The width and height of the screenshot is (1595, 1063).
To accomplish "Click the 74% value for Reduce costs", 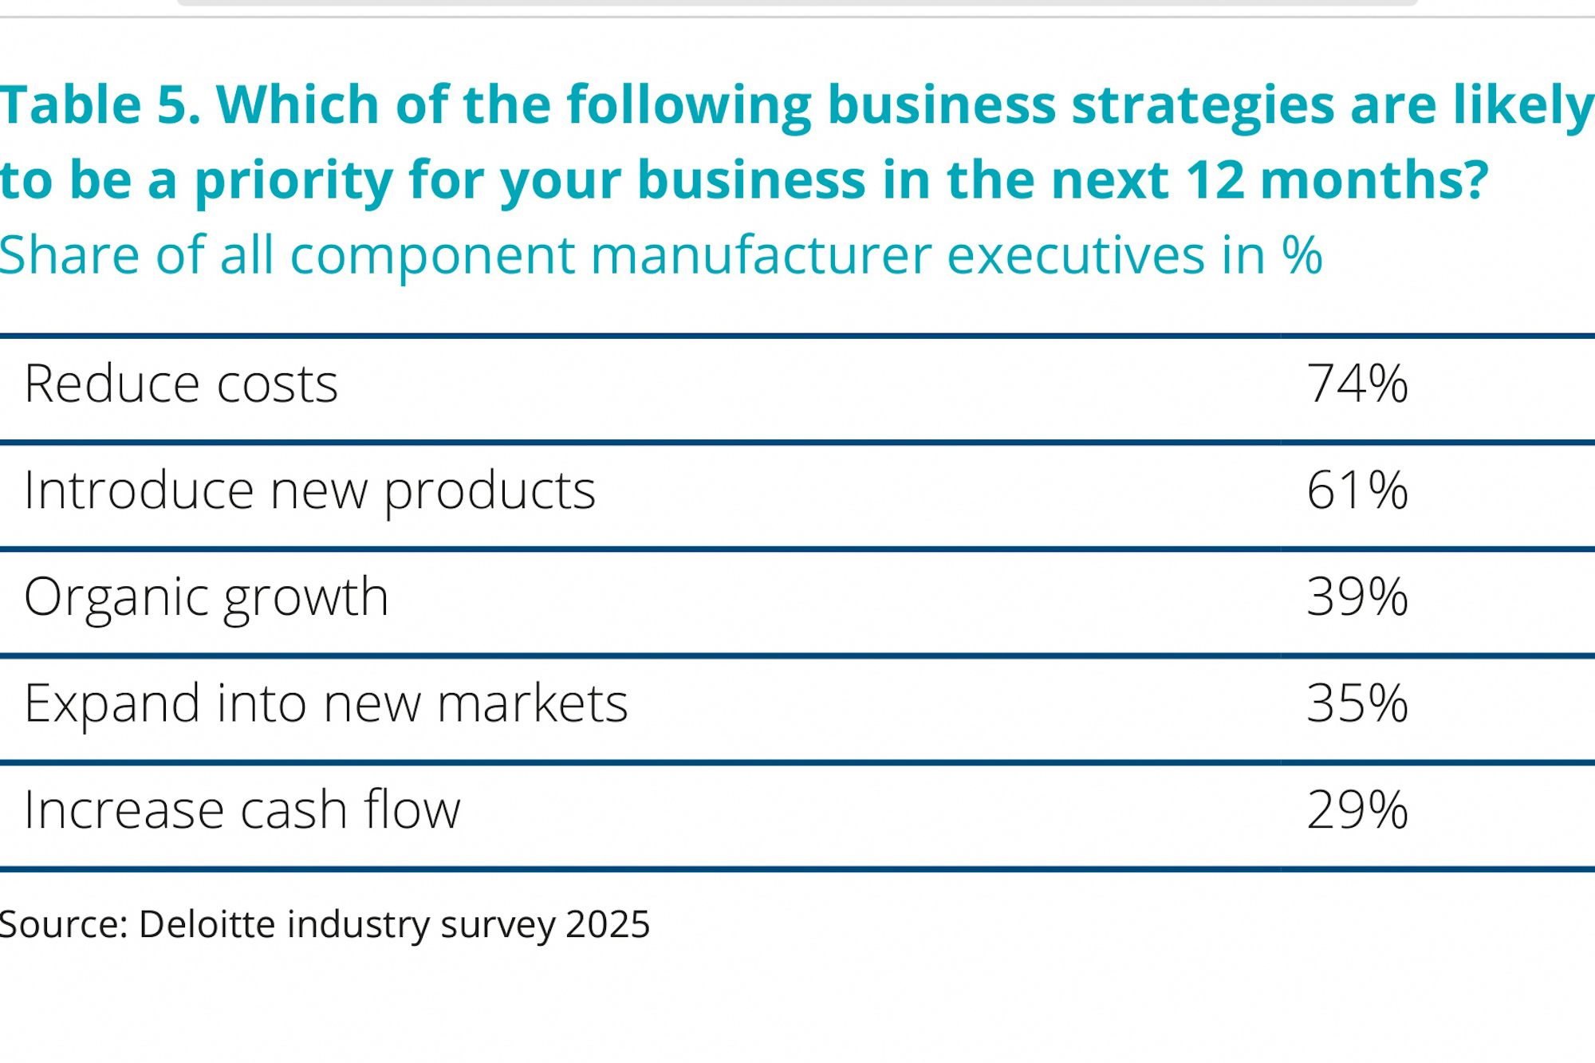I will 1357,384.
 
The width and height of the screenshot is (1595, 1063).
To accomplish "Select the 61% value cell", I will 1357,490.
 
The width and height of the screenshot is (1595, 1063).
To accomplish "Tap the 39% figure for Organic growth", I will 1357,597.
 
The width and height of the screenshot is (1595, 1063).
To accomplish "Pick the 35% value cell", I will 1357,703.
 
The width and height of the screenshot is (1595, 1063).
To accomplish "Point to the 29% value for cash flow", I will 1357,810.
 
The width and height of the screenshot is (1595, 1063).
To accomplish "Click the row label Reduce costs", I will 181,384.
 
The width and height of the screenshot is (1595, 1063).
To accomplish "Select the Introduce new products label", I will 309,491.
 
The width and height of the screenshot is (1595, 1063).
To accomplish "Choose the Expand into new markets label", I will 325,704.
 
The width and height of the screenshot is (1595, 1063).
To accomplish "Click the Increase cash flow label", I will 242,810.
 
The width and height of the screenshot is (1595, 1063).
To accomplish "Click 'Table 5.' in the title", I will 100,104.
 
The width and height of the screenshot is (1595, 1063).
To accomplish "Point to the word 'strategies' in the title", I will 1203,106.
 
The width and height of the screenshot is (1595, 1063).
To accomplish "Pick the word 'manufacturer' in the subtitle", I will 761,255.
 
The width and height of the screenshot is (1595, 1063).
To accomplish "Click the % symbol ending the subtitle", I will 1302,255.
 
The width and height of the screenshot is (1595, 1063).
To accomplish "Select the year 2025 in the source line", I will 608,924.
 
